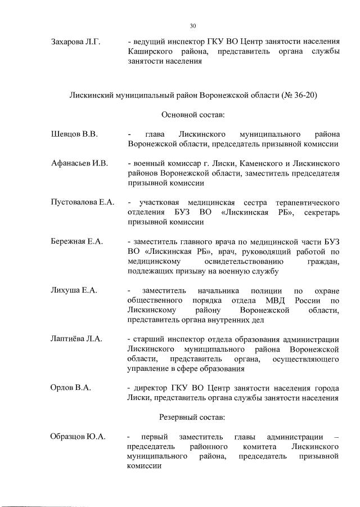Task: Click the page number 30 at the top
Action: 193,26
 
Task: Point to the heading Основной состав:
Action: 193,115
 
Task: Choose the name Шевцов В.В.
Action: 74,134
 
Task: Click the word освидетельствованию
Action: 245,262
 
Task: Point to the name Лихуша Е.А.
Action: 74,290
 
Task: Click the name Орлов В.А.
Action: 70,388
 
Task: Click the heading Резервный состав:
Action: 193,418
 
